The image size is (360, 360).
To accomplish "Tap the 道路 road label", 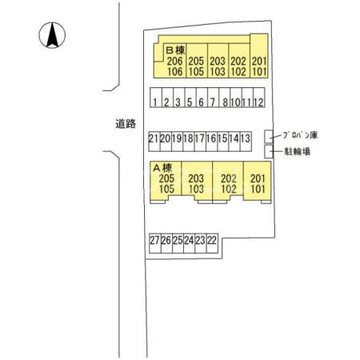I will pyautogui.click(x=125, y=124).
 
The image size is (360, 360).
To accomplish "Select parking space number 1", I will pyautogui.click(x=154, y=102).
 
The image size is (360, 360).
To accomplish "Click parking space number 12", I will pyautogui.click(x=259, y=102).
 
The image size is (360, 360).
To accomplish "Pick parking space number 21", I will pyautogui.click(x=154, y=138).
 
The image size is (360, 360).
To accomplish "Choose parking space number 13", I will pyautogui.click(x=247, y=138).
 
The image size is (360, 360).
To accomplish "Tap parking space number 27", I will pyautogui.click(x=154, y=239).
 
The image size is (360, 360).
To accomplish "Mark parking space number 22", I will pyautogui.click(x=212, y=239).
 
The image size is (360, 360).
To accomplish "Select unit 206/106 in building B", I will pyautogui.click(x=175, y=66).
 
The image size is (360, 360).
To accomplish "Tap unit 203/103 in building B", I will pyautogui.click(x=217, y=66).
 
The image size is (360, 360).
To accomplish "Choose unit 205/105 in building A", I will pyautogui.click(x=166, y=184).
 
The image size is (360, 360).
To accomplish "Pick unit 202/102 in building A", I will pyautogui.click(x=228, y=184).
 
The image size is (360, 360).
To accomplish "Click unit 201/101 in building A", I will pyautogui.click(x=257, y=184).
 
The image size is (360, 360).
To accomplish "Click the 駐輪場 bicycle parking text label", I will pyautogui.click(x=297, y=150).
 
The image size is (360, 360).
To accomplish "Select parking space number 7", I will pyautogui.click(x=213, y=102).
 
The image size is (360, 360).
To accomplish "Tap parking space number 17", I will pyautogui.click(x=200, y=138).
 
